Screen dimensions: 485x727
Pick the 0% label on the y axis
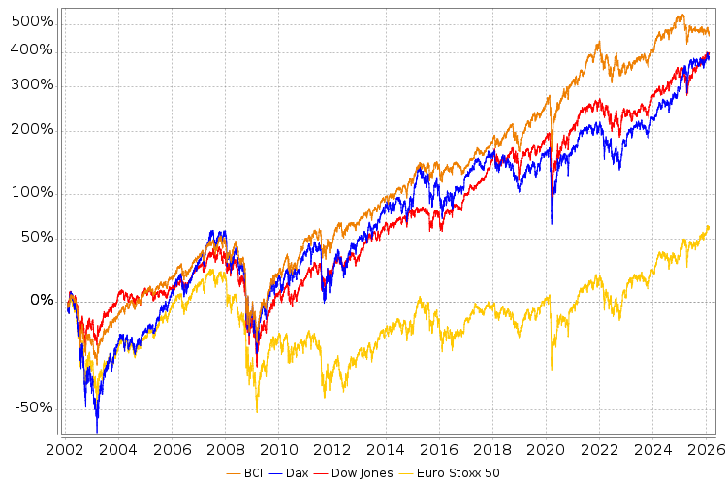[42, 300]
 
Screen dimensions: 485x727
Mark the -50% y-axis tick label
[37, 407]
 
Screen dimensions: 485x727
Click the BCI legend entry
[247, 473]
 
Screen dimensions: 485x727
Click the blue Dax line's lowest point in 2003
[97, 432]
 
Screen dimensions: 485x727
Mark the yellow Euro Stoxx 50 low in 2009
[257, 411]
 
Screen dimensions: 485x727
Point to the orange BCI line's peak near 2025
[681, 16]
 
